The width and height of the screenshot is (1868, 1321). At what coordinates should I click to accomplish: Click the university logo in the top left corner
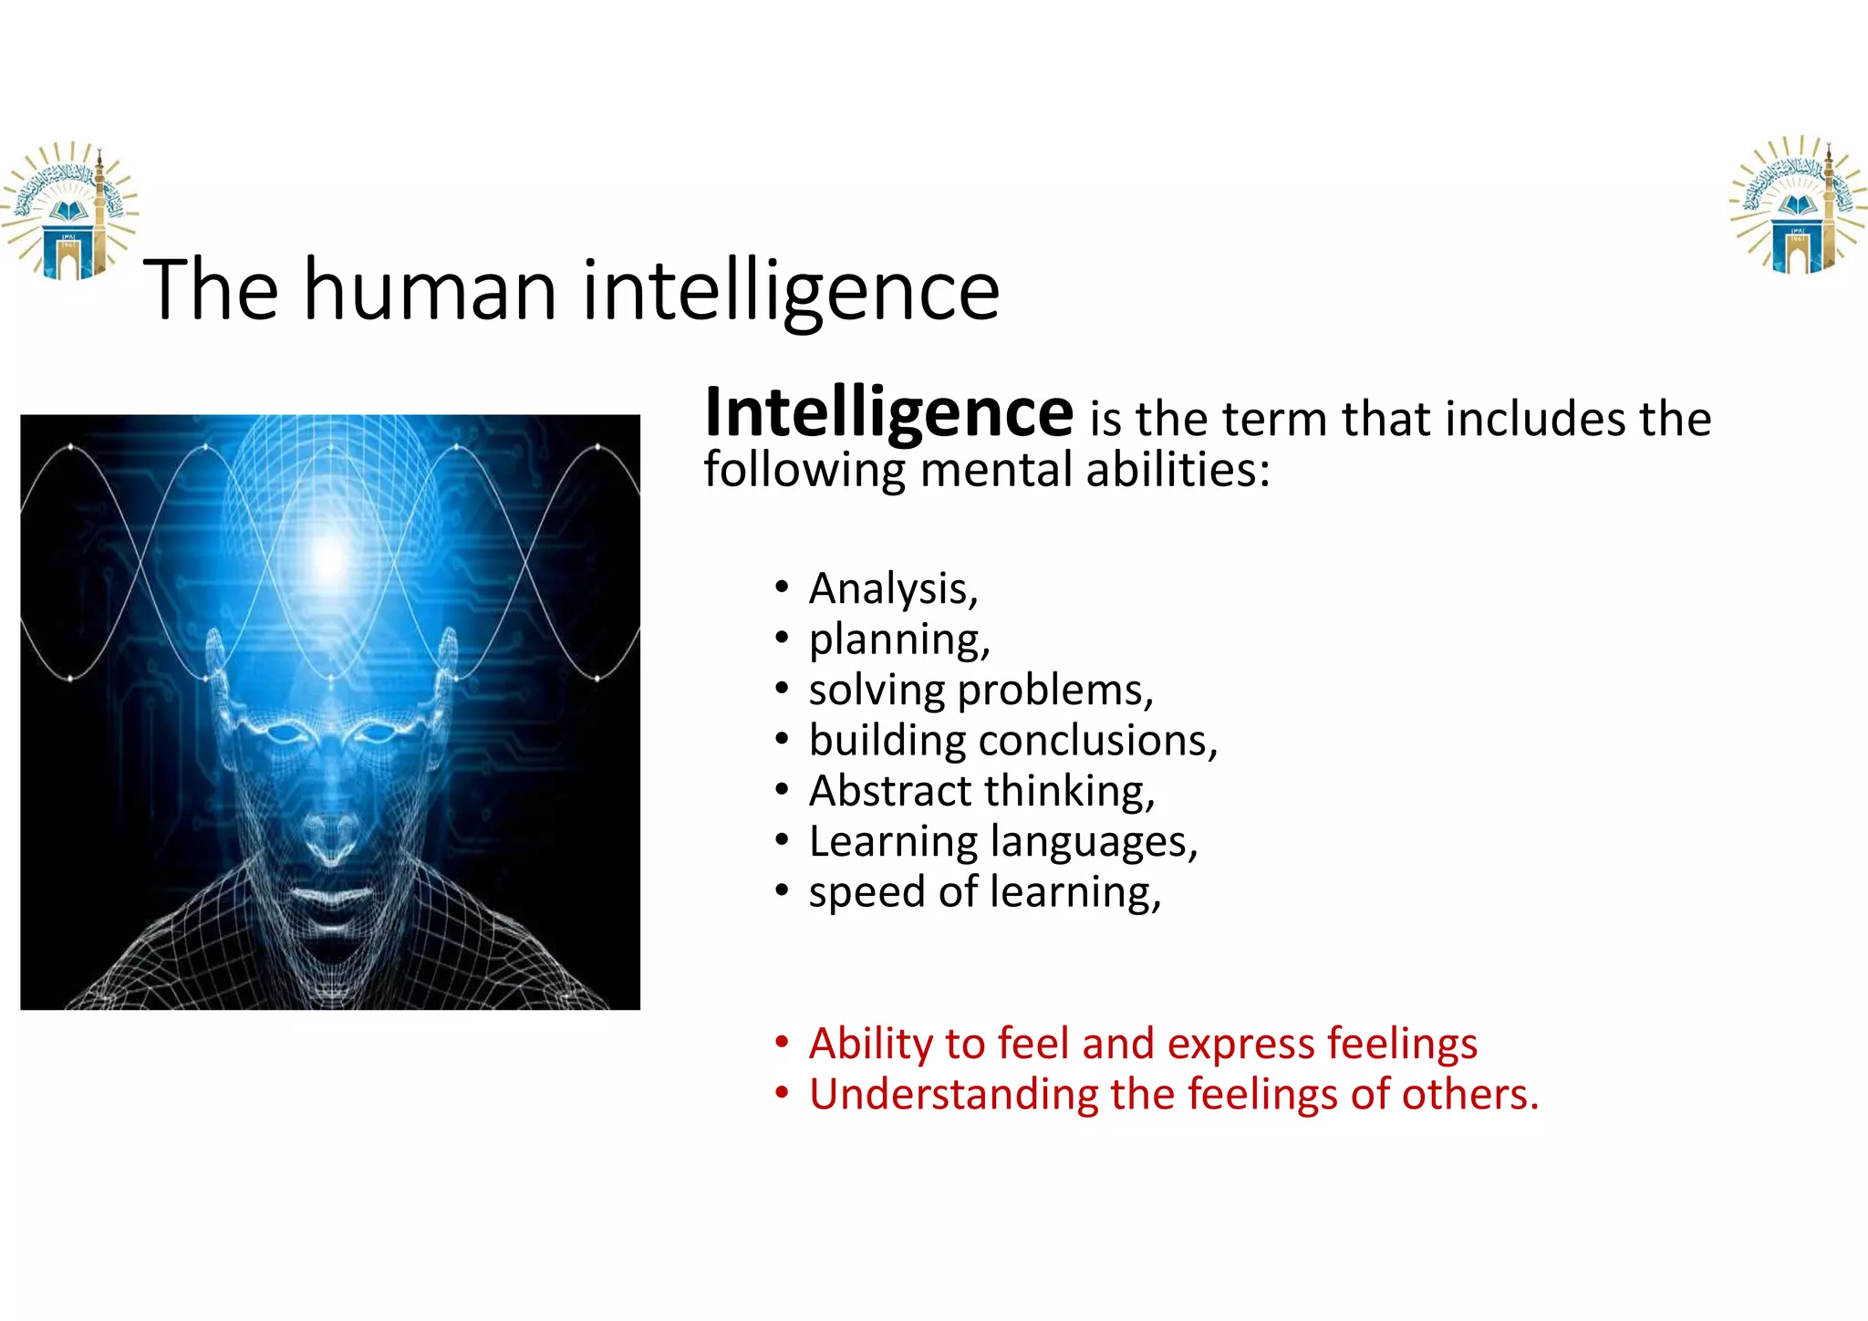68,211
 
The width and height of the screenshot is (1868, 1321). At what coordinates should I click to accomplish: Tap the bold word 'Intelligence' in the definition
888,413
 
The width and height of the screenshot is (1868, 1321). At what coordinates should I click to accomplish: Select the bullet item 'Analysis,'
893,588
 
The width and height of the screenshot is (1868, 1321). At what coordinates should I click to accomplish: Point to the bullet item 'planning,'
898,640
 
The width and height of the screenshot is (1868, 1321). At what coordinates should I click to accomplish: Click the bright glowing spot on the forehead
328,552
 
